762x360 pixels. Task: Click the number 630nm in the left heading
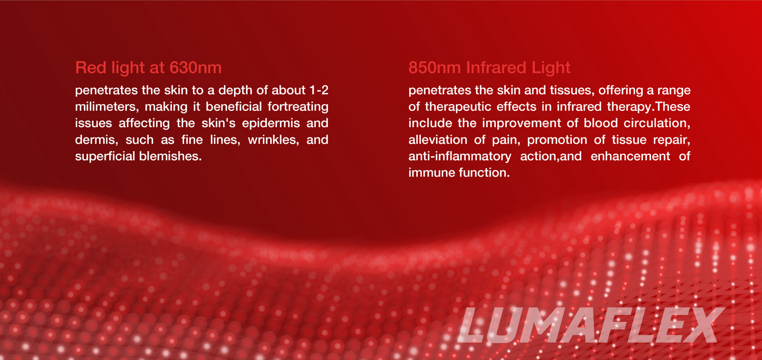click(x=195, y=68)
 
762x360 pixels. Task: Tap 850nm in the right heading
click(x=434, y=68)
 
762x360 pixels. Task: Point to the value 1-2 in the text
click(x=319, y=90)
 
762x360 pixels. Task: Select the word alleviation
click(x=438, y=140)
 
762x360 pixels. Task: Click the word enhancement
click(x=630, y=156)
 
